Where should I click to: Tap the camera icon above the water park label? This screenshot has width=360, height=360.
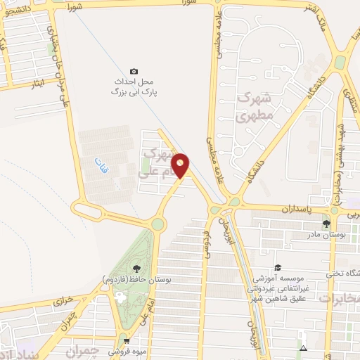tap(134, 71)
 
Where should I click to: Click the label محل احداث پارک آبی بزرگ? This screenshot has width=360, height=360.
tap(134, 86)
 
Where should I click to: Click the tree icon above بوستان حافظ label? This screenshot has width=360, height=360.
tap(136, 268)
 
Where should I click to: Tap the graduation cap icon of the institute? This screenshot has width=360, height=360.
tap(278, 268)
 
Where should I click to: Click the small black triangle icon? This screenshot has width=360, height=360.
tap(303, 349)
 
